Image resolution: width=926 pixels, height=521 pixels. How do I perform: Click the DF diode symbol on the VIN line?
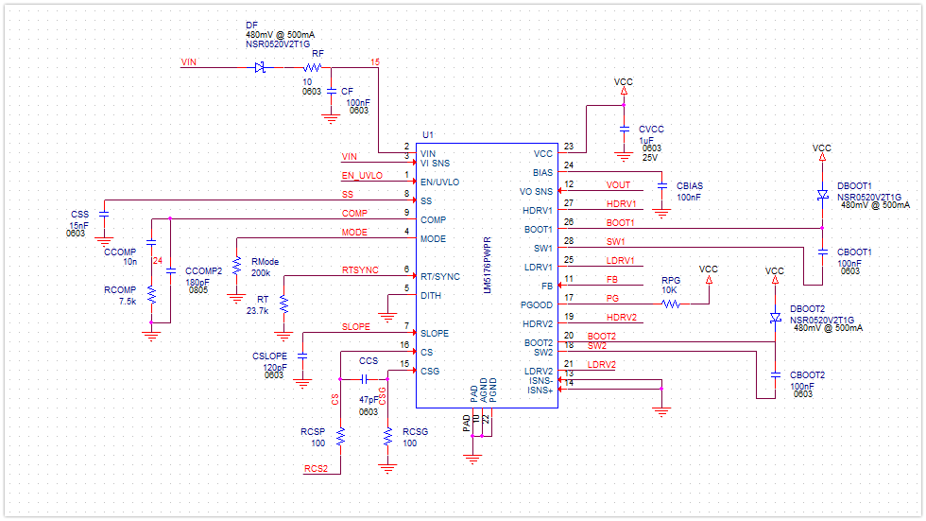260,68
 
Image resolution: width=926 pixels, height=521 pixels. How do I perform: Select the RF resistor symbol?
313,68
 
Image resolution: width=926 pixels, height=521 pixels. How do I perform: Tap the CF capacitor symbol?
331,92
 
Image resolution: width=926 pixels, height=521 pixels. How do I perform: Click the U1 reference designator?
428,134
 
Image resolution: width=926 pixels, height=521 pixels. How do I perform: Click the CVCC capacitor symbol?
624,128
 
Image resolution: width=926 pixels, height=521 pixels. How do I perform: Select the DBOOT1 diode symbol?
822,195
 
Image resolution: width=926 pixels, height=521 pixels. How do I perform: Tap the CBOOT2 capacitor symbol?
775,374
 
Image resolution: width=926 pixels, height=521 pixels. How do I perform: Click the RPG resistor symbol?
671,304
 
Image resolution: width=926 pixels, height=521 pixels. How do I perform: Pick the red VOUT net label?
618,185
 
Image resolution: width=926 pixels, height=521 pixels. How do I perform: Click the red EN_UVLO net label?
362,176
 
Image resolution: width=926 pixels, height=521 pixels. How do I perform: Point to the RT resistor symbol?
283,304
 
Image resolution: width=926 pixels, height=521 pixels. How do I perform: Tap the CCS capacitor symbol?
369,377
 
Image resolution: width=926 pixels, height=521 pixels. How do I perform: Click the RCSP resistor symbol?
340,436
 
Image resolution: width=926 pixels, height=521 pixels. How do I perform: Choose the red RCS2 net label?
316,468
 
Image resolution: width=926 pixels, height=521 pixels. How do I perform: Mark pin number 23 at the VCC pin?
569,147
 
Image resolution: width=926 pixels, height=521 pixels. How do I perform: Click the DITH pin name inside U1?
431,296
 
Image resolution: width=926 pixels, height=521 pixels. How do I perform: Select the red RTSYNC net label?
360,270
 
